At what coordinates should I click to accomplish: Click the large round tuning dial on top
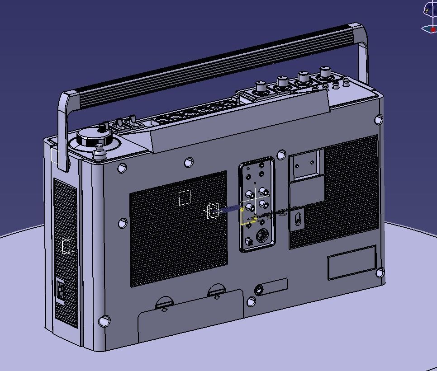pyautogui.click(x=94, y=137)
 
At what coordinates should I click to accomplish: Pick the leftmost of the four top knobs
pyautogui.click(x=261, y=86)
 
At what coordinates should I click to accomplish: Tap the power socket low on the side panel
pyautogui.click(x=60, y=290)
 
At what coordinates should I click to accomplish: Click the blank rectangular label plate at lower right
pyautogui.click(x=352, y=263)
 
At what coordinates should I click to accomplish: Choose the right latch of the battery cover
pyautogui.click(x=217, y=291)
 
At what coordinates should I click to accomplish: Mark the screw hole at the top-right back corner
pyautogui.click(x=379, y=119)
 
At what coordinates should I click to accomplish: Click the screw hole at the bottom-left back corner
pyautogui.click(x=104, y=320)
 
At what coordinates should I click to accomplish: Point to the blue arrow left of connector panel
pyautogui.click(x=231, y=208)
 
